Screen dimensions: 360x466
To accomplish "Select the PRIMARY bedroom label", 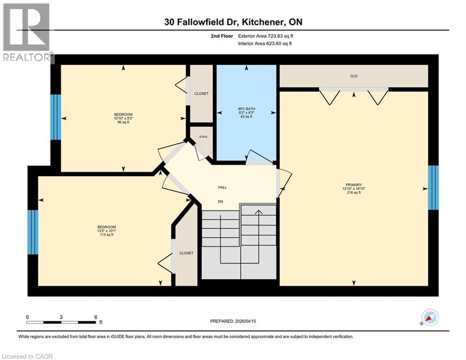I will (x=354, y=185).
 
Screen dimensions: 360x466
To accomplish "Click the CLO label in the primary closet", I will (x=354, y=76).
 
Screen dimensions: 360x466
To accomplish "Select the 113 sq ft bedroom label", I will (x=106, y=231).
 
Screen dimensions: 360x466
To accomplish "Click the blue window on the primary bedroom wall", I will (x=434, y=187).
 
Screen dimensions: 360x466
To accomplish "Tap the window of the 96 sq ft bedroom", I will (x=55, y=117).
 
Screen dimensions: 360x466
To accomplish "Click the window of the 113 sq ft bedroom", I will (x=32, y=232).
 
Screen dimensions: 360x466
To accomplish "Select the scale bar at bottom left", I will (x=61, y=322).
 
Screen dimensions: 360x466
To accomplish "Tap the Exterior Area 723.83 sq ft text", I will (x=265, y=36).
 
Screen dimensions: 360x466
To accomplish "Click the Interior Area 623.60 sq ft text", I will (x=265, y=44).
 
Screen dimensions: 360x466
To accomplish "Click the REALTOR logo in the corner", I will (x=27, y=33).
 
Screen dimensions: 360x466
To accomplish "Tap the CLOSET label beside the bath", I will (x=201, y=94).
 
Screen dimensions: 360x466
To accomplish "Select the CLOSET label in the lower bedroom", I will (x=186, y=253).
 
